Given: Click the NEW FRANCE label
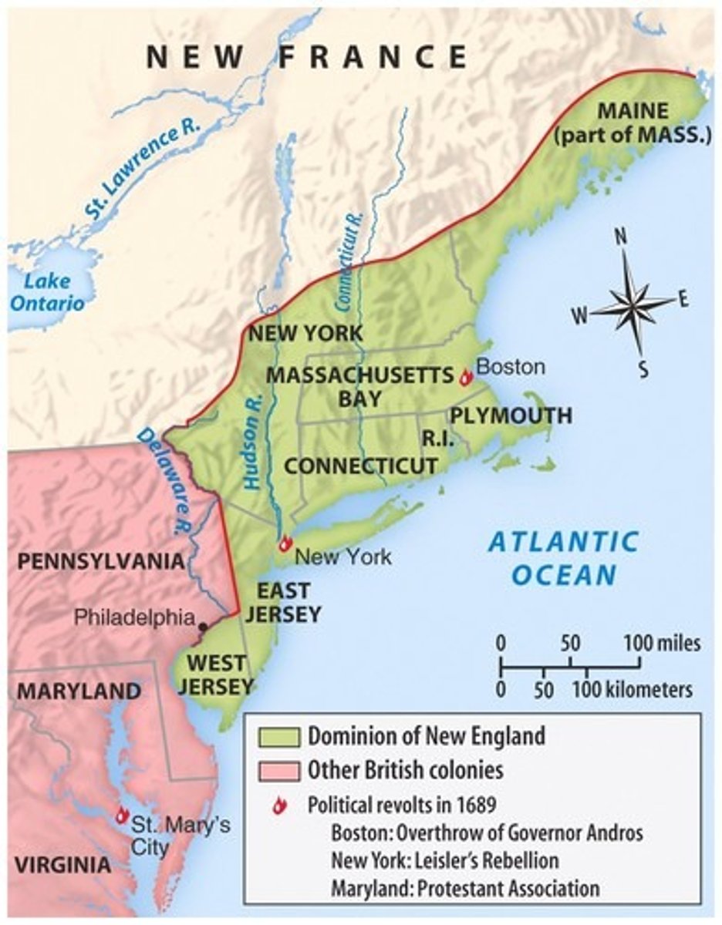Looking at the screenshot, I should tap(306, 58).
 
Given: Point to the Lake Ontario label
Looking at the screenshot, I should tap(48, 292).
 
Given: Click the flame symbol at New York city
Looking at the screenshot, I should tap(285, 543).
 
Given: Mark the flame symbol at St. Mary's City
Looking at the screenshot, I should tap(122, 815).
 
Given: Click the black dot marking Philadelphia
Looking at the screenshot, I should tap(203, 627).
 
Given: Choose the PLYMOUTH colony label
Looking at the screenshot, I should tap(511, 416).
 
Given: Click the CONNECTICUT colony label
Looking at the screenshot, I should tap(361, 466).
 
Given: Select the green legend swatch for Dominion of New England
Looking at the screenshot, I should tap(277, 736).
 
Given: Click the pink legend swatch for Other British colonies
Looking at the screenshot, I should tap(277, 770).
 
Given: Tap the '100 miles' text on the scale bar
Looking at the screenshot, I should tap(662, 643).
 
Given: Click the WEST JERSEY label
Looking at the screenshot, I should tap(218, 674).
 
